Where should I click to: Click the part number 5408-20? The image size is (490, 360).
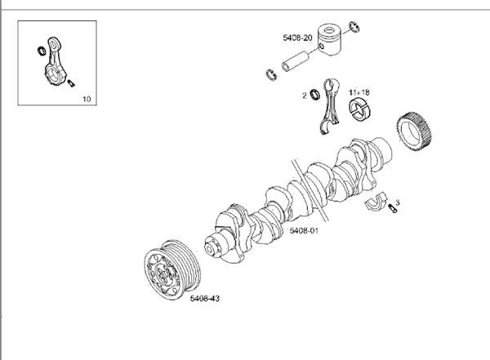coord(299,38)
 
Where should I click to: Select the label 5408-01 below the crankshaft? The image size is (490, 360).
coord(303,232)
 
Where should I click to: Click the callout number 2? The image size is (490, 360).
coord(304,96)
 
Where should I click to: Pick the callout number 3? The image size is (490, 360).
coord(398,200)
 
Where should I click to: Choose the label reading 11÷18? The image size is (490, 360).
coord(359,93)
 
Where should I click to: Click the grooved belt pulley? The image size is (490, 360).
coord(167,267)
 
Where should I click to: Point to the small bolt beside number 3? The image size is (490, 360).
coord(392,211)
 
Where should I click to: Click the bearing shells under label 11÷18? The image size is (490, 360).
coord(359,109)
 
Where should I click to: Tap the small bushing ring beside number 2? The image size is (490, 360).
coord(314,96)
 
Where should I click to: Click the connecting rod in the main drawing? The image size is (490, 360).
coord(330,105)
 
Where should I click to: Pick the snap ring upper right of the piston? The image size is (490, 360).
coord(354,28)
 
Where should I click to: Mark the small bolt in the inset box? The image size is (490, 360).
coord(71,82)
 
